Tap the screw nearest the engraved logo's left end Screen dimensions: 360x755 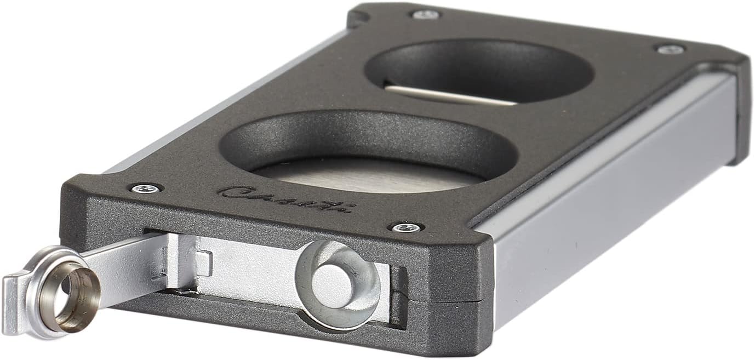click(146, 188)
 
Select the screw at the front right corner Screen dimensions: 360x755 click(406, 227)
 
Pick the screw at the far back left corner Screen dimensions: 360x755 click(425, 14)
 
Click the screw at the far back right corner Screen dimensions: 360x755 click(670, 49)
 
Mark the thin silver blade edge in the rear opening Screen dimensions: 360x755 click(449, 94)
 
